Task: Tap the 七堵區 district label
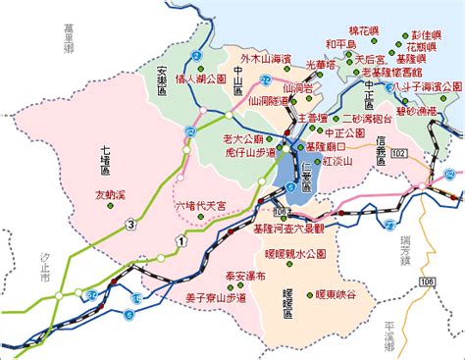point(111,158)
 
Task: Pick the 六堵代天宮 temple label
point(201,206)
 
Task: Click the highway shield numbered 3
point(129,227)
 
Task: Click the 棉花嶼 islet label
point(363,31)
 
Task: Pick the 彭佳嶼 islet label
point(429,31)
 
